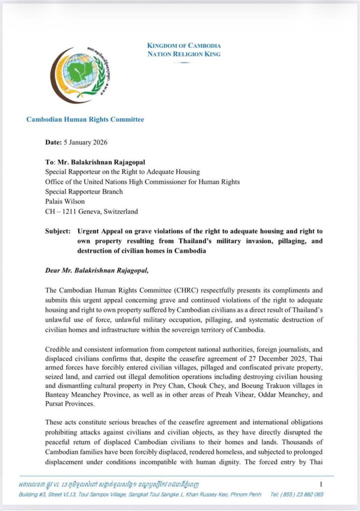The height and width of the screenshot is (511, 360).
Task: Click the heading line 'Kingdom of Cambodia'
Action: [x=183, y=46]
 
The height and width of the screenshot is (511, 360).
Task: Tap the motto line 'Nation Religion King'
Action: [x=183, y=54]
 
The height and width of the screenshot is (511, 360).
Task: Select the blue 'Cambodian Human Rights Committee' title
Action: [x=85, y=119]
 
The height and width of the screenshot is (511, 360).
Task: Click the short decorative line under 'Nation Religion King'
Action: [x=183, y=62]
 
